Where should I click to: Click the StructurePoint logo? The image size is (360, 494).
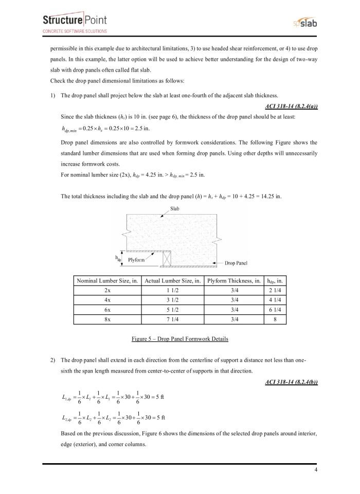(75, 23)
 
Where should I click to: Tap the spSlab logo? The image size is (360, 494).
(303, 24)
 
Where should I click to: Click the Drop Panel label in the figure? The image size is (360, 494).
(236, 262)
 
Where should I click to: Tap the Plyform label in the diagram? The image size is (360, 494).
(136, 260)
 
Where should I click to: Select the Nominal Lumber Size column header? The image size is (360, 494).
(107, 281)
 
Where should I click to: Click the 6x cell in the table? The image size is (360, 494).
(107, 309)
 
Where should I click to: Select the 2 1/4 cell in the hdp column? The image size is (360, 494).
(274, 290)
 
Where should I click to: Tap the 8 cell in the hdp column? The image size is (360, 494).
(274, 319)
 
